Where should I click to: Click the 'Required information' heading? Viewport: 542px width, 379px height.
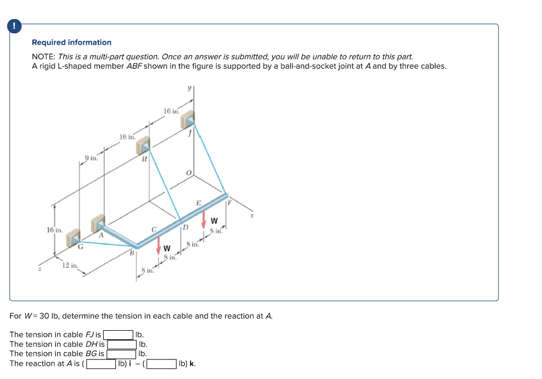click(x=71, y=42)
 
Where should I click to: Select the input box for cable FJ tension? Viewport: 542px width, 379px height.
click(x=118, y=335)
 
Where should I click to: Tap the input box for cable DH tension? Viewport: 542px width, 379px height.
click(x=122, y=344)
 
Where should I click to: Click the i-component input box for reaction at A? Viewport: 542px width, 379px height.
click(x=101, y=364)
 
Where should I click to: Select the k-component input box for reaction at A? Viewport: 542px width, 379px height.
click(x=162, y=364)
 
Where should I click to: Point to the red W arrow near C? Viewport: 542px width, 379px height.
click(x=158, y=245)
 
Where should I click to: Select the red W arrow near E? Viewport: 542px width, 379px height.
click(x=204, y=219)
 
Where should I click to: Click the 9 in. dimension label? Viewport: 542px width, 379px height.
click(x=91, y=157)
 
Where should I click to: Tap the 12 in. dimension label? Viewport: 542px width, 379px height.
click(x=70, y=265)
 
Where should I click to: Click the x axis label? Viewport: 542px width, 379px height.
click(x=252, y=215)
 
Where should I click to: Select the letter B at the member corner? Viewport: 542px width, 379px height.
click(x=131, y=253)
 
